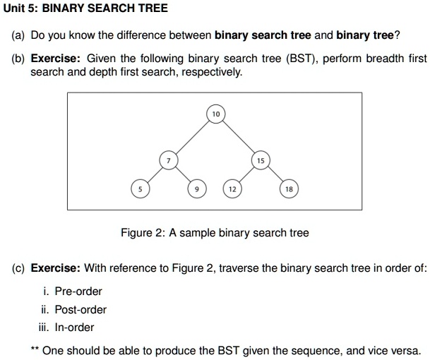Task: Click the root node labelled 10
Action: (x=216, y=114)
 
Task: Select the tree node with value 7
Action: (x=168, y=161)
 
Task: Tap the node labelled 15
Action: (x=261, y=161)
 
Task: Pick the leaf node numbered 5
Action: (x=140, y=188)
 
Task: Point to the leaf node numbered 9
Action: (x=197, y=188)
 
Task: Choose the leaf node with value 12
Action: (x=232, y=188)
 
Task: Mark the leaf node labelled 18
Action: (x=289, y=188)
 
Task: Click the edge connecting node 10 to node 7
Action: (x=192, y=137)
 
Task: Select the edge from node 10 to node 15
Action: (x=239, y=137)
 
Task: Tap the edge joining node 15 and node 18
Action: (x=275, y=175)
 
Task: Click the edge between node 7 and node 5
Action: (x=154, y=175)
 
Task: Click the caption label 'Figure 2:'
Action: (x=143, y=232)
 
